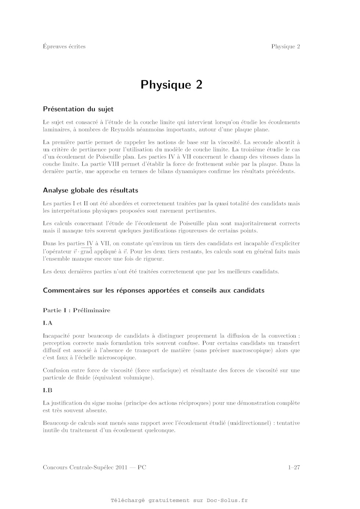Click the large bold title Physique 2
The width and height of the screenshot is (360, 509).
click(171, 85)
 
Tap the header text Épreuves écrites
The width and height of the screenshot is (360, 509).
click(64, 46)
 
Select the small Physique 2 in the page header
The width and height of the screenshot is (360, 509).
click(285, 46)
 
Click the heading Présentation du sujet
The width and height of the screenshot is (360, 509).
click(78, 109)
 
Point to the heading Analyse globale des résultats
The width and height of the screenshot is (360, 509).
click(90, 190)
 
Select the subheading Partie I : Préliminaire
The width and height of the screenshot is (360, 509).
click(76, 310)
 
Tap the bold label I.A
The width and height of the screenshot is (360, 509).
click(48, 323)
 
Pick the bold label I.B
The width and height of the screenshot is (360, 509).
click(48, 390)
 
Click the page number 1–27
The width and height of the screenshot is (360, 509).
click(294, 468)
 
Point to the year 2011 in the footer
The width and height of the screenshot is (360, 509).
click(121, 468)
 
